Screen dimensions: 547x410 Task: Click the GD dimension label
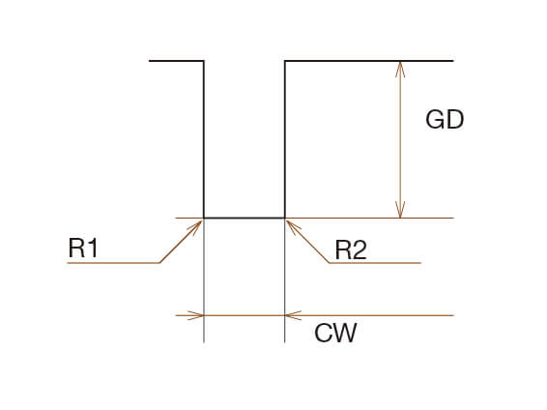pyautogui.click(x=445, y=120)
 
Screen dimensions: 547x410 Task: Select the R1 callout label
pyautogui.click(x=83, y=248)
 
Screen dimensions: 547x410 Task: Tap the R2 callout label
pyautogui.click(x=351, y=249)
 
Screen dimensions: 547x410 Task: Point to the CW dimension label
pyautogui.click(x=335, y=333)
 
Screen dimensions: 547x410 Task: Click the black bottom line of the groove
pyautogui.click(x=245, y=219)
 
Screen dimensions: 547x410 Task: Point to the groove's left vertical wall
pyautogui.click(x=204, y=139)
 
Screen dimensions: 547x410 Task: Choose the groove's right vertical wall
pyautogui.click(x=285, y=139)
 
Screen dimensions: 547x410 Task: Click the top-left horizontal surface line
pyautogui.click(x=176, y=61)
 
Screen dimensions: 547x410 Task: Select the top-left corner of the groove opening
pyautogui.click(x=204, y=61)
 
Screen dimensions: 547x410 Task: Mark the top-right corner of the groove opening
pyautogui.click(x=285, y=61)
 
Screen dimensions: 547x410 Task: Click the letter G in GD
pyautogui.click(x=435, y=120)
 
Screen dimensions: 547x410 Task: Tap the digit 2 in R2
pyautogui.click(x=360, y=249)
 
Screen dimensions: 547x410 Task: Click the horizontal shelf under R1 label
pyautogui.click(x=113, y=262)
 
